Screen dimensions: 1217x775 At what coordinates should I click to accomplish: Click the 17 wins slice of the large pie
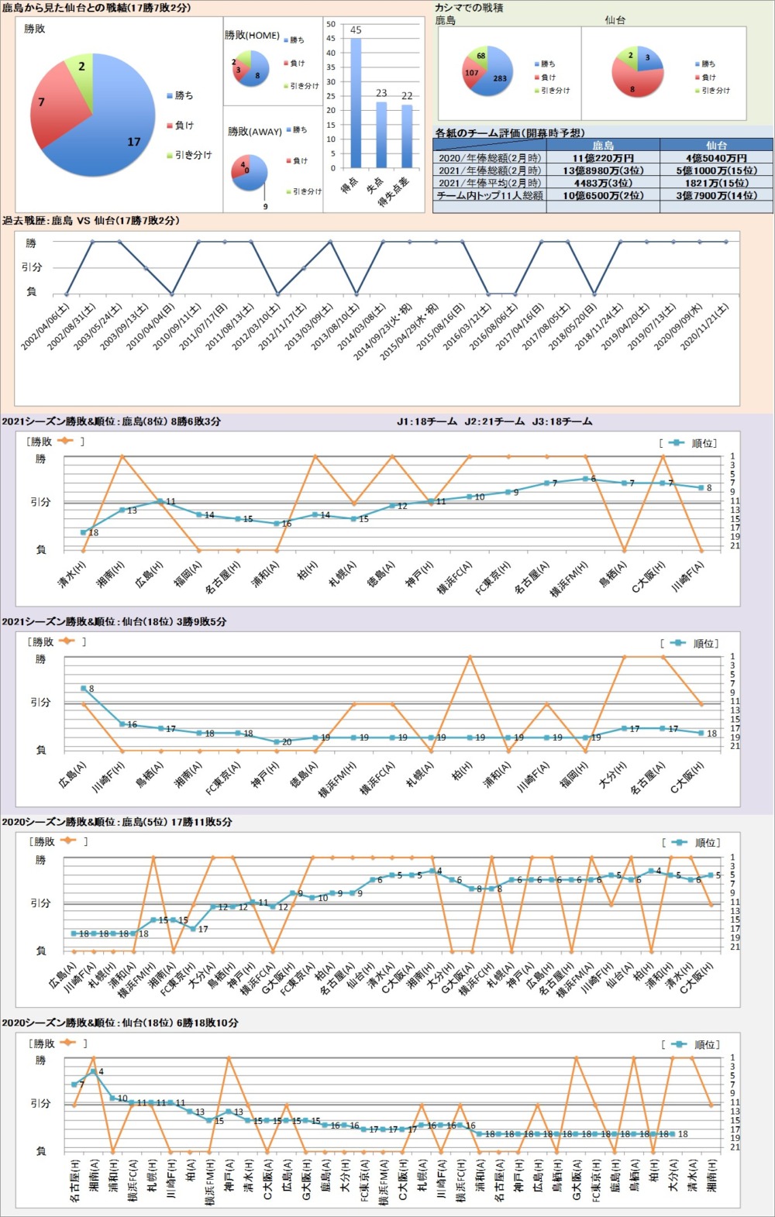click(108, 139)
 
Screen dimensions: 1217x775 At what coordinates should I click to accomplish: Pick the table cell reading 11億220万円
click(603, 158)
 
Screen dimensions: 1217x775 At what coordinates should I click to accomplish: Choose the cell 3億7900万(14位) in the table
click(716, 195)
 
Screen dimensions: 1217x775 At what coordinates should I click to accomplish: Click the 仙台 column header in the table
click(716, 145)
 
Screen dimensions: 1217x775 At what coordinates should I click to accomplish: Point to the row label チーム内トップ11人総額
click(490, 195)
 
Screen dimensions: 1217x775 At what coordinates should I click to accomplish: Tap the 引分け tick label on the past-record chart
click(32, 267)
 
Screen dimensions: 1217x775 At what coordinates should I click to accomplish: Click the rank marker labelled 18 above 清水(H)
click(83, 532)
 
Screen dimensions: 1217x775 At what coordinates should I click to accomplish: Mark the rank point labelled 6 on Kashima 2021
click(586, 479)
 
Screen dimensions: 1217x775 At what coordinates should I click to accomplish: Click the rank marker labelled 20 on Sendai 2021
click(277, 742)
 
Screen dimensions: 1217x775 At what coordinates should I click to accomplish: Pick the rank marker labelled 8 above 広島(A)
click(83, 688)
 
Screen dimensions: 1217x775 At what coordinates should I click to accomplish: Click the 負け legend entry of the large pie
click(184, 125)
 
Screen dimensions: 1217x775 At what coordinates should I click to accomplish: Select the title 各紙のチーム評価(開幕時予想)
click(510, 132)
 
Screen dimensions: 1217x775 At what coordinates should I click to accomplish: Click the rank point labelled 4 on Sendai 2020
click(93, 1071)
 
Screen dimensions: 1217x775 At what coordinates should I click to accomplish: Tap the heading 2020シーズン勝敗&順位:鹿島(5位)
click(116, 822)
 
